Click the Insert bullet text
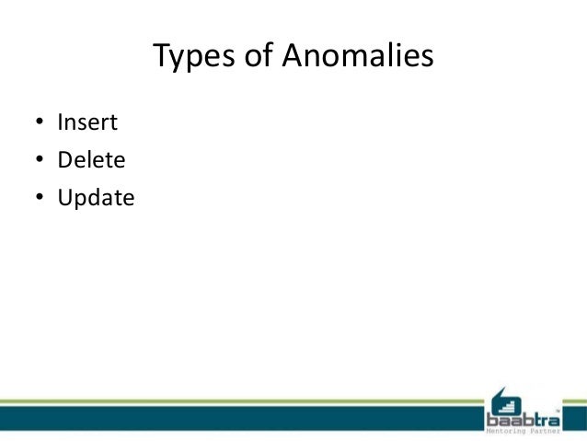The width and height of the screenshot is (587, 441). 87,122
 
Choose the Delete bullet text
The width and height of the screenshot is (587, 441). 91,159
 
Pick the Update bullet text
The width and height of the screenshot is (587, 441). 96,197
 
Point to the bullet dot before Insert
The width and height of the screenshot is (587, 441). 40,122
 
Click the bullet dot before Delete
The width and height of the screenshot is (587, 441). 40,160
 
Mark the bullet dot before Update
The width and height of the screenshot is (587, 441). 40,198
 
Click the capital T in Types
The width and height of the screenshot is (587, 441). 161,57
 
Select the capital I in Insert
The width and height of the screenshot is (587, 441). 61,122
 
